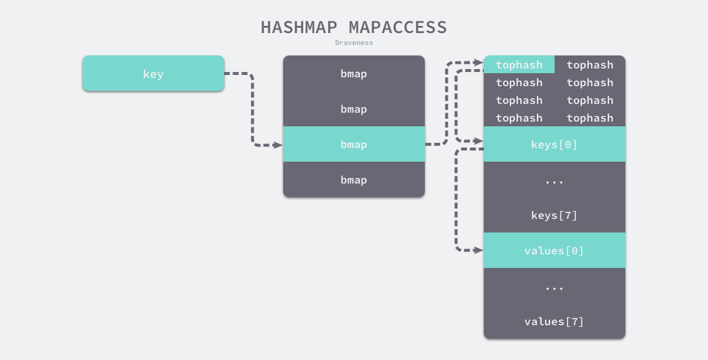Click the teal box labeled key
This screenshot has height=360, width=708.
[x=153, y=74]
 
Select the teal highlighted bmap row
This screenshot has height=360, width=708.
[x=353, y=144]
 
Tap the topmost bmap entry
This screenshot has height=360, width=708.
[x=353, y=74]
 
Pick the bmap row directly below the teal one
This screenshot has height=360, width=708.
[x=353, y=180]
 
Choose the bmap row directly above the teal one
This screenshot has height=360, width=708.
[x=353, y=109]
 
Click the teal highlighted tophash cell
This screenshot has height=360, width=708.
[x=519, y=65]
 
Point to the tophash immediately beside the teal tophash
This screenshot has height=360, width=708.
[x=589, y=65]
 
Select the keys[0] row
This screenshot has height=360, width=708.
[x=554, y=144]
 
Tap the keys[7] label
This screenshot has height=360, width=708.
[x=554, y=215]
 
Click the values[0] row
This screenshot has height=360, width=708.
[x=554, y=251]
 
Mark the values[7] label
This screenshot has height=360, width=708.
[x=554, y=322]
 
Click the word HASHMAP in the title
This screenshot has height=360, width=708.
[x=300, y=27]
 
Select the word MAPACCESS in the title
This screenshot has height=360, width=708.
[x=398, y=27]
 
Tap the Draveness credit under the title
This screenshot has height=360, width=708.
[x=354, y=42]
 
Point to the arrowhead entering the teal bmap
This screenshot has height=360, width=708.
[x=278, y=145]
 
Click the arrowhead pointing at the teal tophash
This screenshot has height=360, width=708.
[x=478, y=62]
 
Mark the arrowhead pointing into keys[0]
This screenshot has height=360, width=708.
[x=478, y=141]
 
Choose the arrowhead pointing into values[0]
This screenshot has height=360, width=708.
[x=478, y=250]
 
